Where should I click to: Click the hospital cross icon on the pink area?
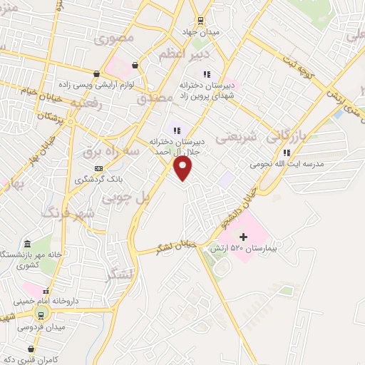(242, 236)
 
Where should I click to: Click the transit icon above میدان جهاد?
(200, 21)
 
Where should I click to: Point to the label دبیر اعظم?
(185, 54)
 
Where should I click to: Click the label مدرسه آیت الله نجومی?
(284, 163)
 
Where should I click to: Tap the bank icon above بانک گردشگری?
(98, 168)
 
